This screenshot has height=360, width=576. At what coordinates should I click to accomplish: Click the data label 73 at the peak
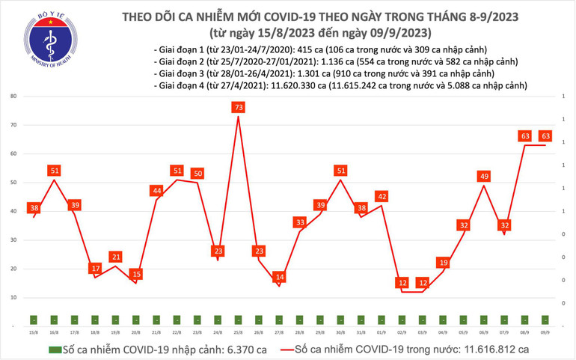pyautogui.click(x=239, y=108)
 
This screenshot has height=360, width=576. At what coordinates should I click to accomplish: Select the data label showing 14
pyautogui.click(x=279, y=277)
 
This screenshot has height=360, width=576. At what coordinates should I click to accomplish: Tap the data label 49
pyautogui.click(x=484, y=177)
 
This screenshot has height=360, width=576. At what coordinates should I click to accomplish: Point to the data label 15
pyautogui.click(x=136, y=275)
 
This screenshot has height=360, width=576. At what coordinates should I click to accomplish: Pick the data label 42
pyautogui.click(x=382, y=197)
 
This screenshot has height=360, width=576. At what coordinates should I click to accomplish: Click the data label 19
pyautogui.click(x=443, y=263)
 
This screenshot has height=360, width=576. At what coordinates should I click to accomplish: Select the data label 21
pyautogui.click(x=115, y=257)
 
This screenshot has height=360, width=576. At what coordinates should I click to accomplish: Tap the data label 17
pyautogui.click(x=95, y=268)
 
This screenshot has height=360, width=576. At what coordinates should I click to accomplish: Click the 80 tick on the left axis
pyautogui.click(x=13, y=97)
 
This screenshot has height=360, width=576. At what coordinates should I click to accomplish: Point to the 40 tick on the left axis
pyautogui.click(x=13, y=212)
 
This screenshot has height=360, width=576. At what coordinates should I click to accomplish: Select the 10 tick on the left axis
pyautogui.click(x=13, y=298)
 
